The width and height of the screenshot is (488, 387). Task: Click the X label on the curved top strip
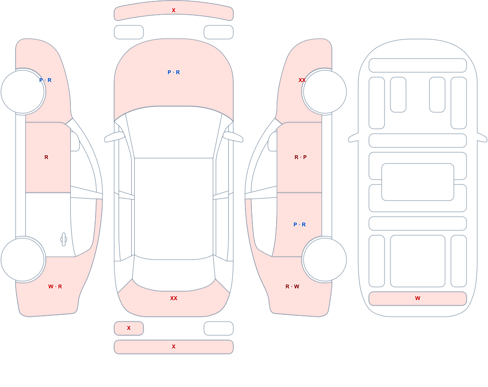(x=174, y=10)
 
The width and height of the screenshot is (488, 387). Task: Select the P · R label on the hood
(x=174, y=72)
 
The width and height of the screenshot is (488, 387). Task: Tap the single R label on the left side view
(x=46, y=157)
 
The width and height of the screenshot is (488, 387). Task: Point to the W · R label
(x=55, y=286)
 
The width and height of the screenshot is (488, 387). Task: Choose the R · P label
(x=301, y=157)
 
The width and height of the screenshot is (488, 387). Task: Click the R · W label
(x=292, y=286)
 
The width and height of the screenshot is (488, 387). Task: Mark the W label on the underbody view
(x=418, y=298)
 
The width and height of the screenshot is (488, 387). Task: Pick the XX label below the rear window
(x=174, y=298)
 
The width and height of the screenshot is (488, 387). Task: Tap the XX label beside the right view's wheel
(x=302, y=80)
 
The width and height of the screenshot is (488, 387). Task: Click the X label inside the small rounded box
(x=129, y=328)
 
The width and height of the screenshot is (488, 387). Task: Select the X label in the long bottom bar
(x=174, y=346)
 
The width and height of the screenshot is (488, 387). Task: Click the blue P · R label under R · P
(x=300, y=224)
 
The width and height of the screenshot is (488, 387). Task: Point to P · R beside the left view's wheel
(x=45, y=80)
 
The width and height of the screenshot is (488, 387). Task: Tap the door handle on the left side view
(x=63, y=240)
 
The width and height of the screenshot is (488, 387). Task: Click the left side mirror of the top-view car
(x=114, y=137)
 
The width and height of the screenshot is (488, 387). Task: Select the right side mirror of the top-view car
(x=233, y=137)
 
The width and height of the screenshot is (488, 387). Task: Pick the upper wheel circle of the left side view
(x=23, y=70)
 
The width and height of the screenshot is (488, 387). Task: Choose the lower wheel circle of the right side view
(x=325, y=238)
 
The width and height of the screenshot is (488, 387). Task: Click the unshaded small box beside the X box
(x=219, y=328)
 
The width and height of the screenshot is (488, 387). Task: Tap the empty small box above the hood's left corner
(x=129, y=32)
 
